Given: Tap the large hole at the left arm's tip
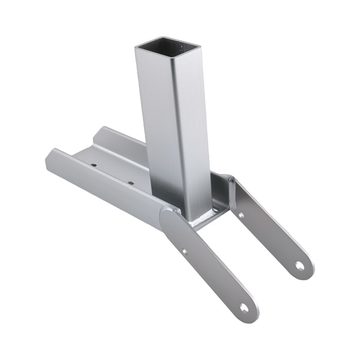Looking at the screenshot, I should click(x=244, y=307).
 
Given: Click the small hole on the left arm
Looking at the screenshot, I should click(x=185, y=252).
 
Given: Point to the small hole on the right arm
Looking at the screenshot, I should click(x=241, y=214).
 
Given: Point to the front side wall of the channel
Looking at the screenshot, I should click(x=102, y=180).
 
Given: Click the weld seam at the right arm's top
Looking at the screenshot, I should click(x=231, y=180).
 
